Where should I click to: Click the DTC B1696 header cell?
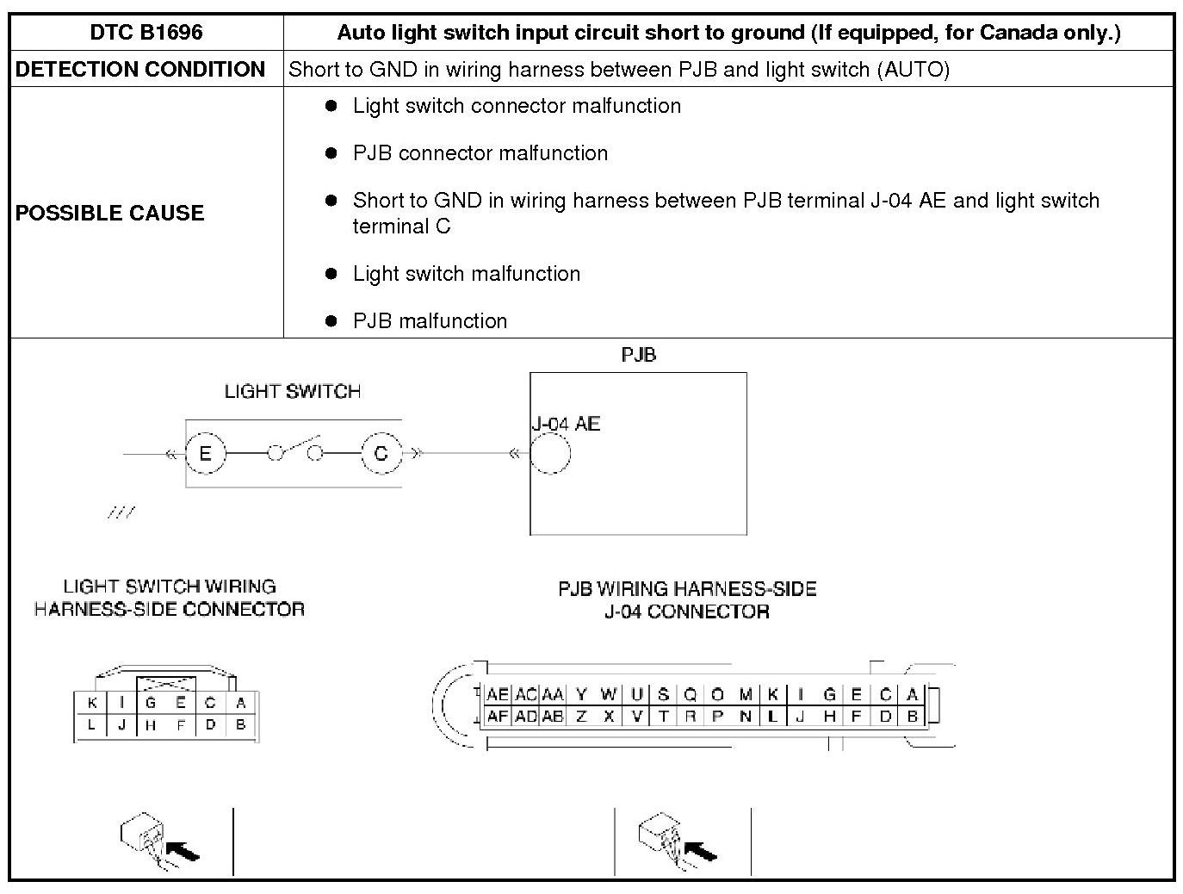pyautogui.click(x=146, y=33)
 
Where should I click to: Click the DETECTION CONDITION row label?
pyautogui.click(x=140, y=70)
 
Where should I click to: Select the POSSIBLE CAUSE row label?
pyautogui.click(x=109, y=213)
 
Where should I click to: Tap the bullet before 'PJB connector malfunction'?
pyautogui.click(x=331, y=153)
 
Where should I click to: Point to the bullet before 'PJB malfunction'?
pyautogui.click(x=331, y=321)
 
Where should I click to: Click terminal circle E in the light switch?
pyautogui.click(x=205, y=453)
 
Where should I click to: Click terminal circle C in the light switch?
pyautogui.click(x=381, y=453)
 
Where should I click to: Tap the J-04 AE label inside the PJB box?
pyautogui.click(x=565, y=424)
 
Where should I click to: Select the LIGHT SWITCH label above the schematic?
pyautogui.click(x=292, y=392)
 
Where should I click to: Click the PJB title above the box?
pyautogui.click(x=638, y=355)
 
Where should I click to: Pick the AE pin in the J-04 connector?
pyautogui.click(x=498, y=695)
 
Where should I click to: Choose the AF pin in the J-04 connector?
pyautogui.click(x=498, y=716)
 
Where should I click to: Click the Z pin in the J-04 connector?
pyautogui.click(x=581, y=716)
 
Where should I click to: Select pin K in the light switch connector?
pyautogui.click(x=90, y=704)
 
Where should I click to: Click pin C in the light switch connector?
pyautogui.click(x=210, y=704)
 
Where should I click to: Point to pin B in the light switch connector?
pyautogui.click(x=241, y=725)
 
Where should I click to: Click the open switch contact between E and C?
pyautogui.click(x=295, y=450)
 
